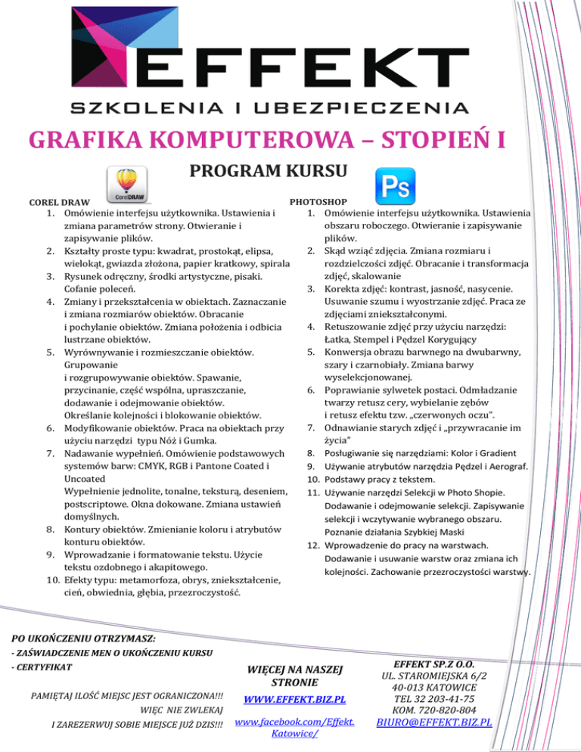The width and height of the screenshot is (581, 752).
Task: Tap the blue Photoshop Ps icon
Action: (395, 185)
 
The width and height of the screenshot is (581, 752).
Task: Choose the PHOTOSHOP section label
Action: (318, 203)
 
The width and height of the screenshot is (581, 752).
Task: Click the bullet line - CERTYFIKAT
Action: (42, 668)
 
